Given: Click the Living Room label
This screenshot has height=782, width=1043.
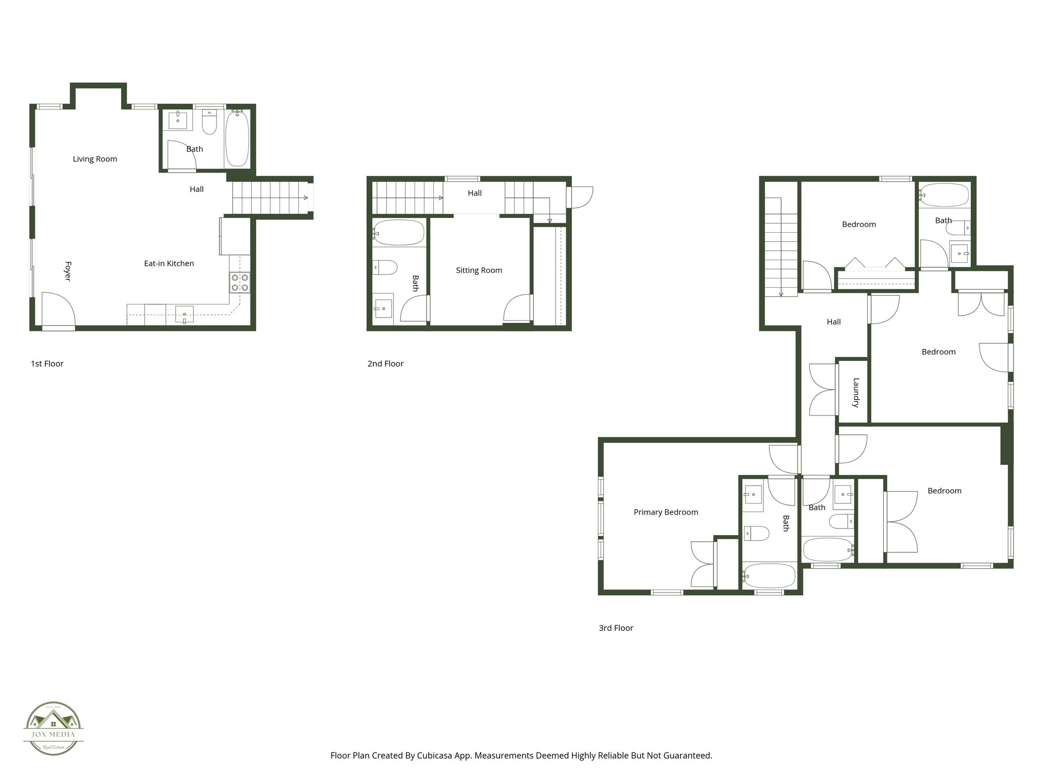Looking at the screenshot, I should (95, 159).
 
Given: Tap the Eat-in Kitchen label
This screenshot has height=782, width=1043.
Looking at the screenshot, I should (169, 263).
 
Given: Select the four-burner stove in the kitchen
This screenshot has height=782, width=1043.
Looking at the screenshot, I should (239, 283).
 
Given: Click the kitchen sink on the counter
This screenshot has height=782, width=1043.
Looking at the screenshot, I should (184, 315).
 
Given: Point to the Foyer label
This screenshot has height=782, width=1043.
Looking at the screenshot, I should (68, 271).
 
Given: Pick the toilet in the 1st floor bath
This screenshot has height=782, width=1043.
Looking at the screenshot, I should (209, 123).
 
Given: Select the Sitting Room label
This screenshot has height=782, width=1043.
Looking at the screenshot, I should (479, 270).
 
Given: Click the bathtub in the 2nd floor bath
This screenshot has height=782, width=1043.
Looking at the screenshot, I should (398, 233).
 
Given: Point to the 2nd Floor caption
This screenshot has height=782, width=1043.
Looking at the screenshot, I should (385, 364).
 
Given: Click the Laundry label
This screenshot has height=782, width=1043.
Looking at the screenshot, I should (856, 393).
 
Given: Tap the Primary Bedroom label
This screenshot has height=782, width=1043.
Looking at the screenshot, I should (666, 512).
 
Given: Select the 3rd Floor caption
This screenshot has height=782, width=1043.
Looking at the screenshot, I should (616, 628).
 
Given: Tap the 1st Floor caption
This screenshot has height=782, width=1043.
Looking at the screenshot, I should (47, 364).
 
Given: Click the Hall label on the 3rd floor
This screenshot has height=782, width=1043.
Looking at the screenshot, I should (834, 322).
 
